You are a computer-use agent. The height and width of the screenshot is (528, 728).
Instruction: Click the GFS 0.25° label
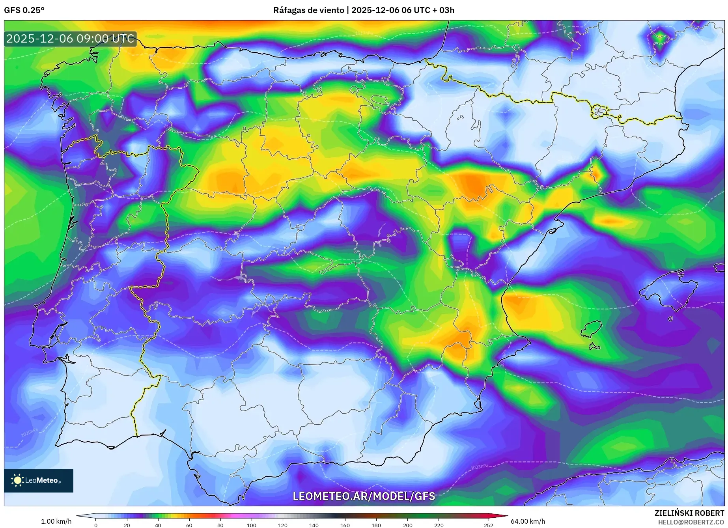tap(24, 10)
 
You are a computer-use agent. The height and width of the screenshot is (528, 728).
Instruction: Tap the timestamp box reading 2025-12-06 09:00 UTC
tap(70, 39)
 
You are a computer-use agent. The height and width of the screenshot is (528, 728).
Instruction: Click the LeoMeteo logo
tap(39, 480)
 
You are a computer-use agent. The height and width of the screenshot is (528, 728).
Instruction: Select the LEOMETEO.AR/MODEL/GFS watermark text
tap(364, 496)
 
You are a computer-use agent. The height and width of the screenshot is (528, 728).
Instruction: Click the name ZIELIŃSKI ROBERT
tap(689, 513)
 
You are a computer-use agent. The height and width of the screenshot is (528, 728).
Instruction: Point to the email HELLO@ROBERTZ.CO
tap(691, 522)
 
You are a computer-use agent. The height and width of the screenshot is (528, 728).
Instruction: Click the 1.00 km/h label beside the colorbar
tap(56, 521)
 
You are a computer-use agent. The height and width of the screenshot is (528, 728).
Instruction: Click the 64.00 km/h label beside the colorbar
tap(528, 521)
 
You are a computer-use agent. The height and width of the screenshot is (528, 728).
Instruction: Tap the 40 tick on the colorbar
tap(158, 525)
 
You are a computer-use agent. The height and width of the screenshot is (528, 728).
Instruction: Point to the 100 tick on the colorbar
tap(252, 525)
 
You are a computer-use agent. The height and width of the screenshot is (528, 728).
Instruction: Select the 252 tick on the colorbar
tap(489, 525)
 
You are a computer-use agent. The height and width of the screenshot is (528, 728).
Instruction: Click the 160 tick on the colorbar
tap(345, 525)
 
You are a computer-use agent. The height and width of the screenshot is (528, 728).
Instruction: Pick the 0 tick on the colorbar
tap(95, 525)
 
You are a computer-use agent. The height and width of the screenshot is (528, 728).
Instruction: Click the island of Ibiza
tap(592, 330)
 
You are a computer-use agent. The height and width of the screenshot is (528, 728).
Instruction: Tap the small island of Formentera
tap(594, 347)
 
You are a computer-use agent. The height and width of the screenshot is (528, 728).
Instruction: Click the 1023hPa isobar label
tap(479, 467)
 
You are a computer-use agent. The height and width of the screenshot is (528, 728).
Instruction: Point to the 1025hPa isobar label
tap(29, 432)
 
